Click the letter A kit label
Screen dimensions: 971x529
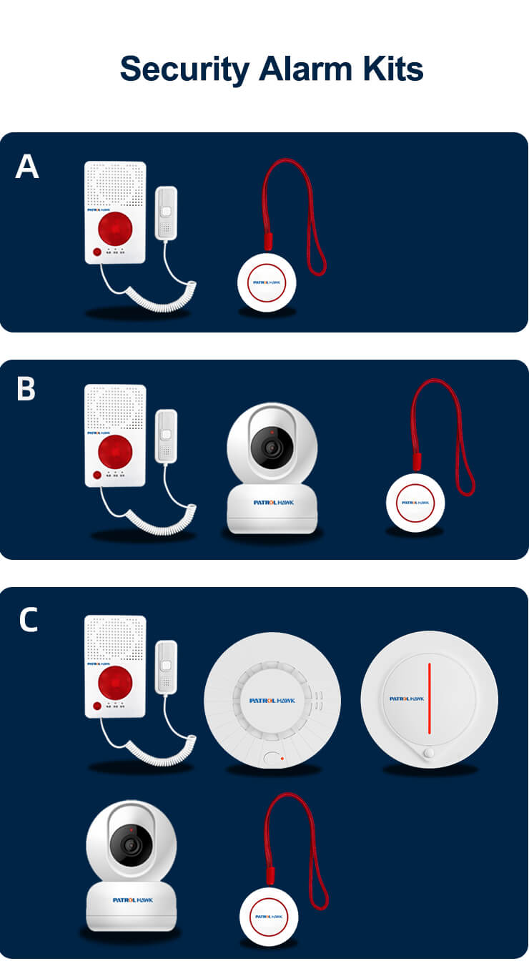(x=27, y=167)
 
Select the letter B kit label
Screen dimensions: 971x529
(x=26, y=390)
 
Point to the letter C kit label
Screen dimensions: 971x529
(x=28, y=620)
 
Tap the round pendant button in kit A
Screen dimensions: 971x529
(x=266, y=282)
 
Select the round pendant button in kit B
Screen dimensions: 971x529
(x=415, y=502)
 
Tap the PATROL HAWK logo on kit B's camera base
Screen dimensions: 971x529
(x=272, y=502)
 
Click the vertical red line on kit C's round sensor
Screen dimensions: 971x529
(x=429, y=698)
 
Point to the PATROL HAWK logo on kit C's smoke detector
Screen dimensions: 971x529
(x=272, y=700)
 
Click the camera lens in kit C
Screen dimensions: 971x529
(x=130, y=845)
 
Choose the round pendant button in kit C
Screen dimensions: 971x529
(x=268, y=917)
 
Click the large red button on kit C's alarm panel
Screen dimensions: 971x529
(x=115, y=682)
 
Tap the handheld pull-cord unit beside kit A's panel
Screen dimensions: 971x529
(x=166, y=213)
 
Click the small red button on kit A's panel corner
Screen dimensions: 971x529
(x=97, y=252)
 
